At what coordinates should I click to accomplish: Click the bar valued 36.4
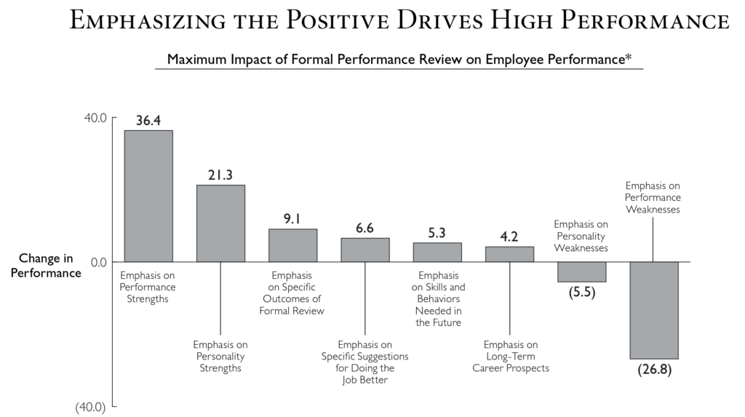coord(148,196)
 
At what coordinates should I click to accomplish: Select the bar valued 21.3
coord(220,223)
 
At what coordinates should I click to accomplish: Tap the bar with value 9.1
coord(292,245)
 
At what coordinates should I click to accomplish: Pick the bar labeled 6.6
coord(365,250)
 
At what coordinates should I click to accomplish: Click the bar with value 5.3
coord(437,252)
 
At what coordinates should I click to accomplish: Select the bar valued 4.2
coord(509,254)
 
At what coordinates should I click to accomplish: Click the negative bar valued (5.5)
coord(581,271)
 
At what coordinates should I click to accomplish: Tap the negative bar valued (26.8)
coord(653,310)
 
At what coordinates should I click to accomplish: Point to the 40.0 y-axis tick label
coord(96,118)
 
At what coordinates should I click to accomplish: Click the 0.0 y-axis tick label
coord(99,262)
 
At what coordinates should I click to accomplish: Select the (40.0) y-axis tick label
coord(91,408)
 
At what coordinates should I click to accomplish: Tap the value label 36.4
coord(148,121)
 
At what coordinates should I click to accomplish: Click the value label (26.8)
coord(653,369)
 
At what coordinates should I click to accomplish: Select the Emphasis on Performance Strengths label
coord(148,287)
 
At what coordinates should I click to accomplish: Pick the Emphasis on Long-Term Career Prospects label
coord(510,356)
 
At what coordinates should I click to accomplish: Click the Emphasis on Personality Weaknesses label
coord(581,236)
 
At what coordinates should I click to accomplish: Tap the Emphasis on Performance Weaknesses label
coord(653,197)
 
